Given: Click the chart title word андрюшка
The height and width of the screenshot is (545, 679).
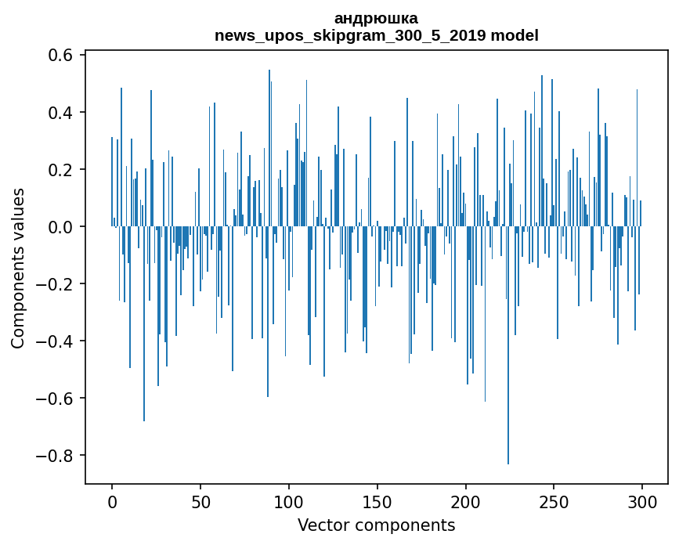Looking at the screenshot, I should click(376, 18).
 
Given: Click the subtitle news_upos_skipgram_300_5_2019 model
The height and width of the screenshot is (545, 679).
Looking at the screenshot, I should click(376, 35).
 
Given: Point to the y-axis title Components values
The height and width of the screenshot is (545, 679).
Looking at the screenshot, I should click(18, 268).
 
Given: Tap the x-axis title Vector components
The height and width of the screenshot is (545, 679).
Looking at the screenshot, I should click(376, 525).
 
